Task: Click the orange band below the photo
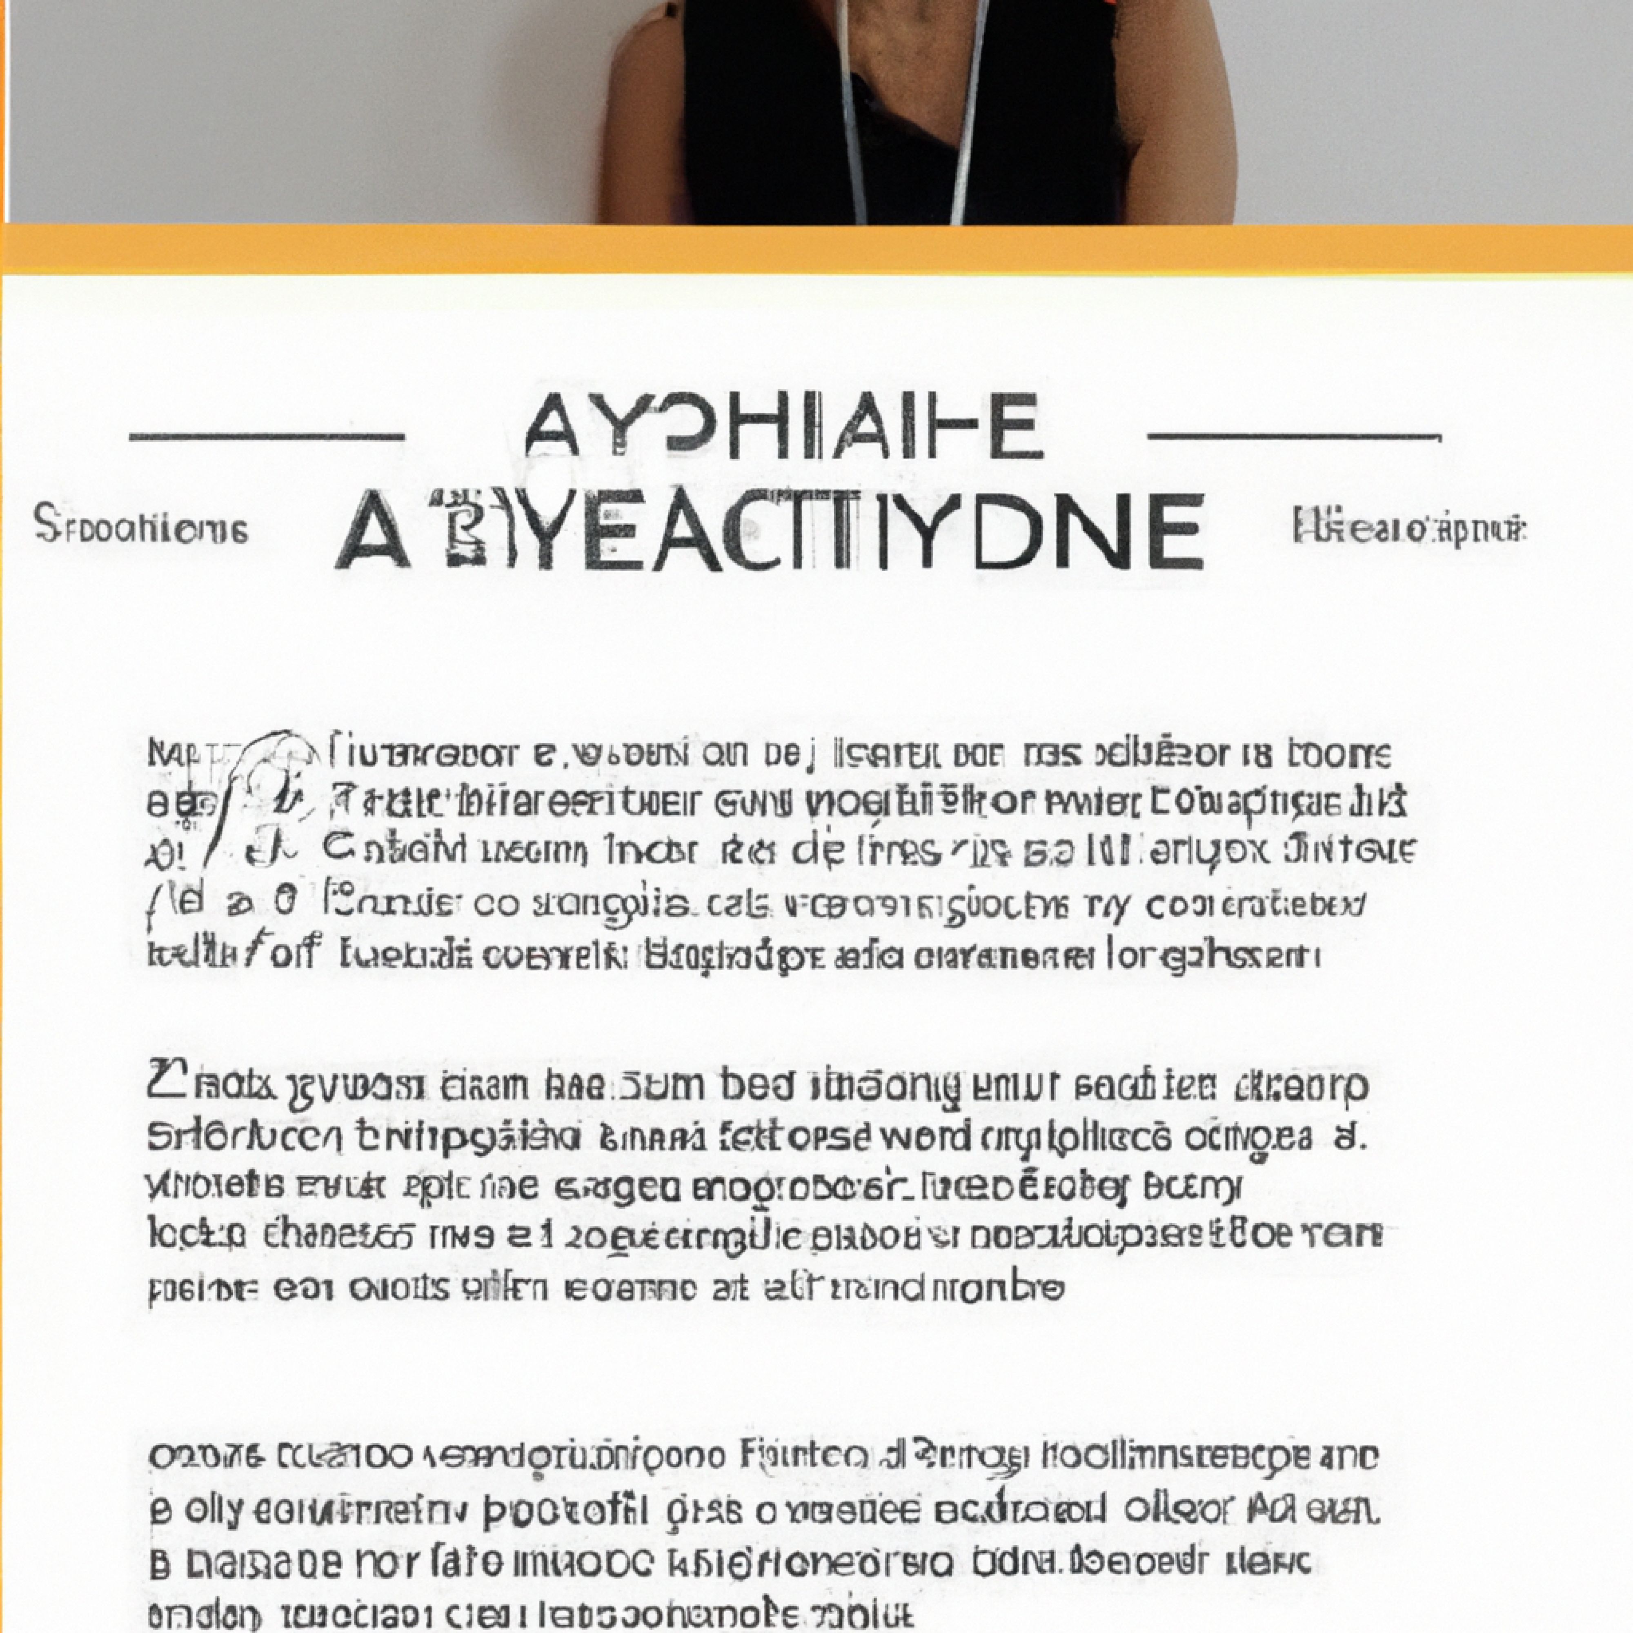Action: click(x=816, y=249)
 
